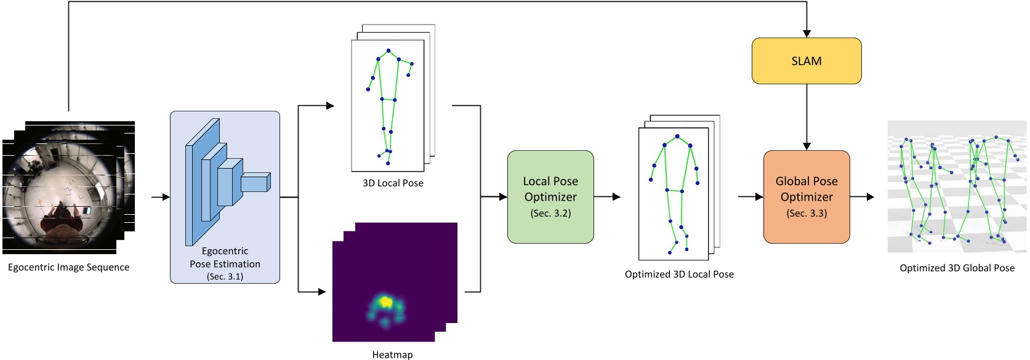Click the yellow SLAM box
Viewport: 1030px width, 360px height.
click(x=806, y=61)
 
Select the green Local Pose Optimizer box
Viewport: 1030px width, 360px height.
click(x=550, y=197)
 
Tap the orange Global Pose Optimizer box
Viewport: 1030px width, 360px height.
click(x=806, y=197)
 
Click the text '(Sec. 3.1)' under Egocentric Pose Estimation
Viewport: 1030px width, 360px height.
click(x=225, y=277)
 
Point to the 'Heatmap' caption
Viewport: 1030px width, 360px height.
click(x=392, y=354)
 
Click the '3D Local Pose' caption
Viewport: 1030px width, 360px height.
click(x=393, y=183)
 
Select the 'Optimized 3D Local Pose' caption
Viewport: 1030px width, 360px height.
click(x=679, y=274)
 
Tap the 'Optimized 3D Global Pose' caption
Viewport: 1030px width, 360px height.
click(x=957, y=268)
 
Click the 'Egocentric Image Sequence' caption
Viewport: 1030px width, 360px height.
click(x=68, y=268)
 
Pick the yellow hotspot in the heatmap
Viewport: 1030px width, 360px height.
click(x=386, y=302)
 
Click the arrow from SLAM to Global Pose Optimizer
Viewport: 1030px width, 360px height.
click(x=807, y=117)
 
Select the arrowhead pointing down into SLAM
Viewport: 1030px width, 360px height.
click(x=807, y=33)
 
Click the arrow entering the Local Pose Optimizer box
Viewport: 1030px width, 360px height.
click(x=494, y=197)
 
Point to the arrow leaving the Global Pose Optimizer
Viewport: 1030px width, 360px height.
click(x=863, y=197)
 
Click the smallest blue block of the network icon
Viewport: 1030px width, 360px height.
click(x=255, y=183)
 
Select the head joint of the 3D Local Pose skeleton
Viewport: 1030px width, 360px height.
click(x=388, y=50)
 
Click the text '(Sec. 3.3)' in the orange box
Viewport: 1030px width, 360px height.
click(x=806, y=214)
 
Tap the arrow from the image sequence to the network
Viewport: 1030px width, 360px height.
click(x=161, y=197)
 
